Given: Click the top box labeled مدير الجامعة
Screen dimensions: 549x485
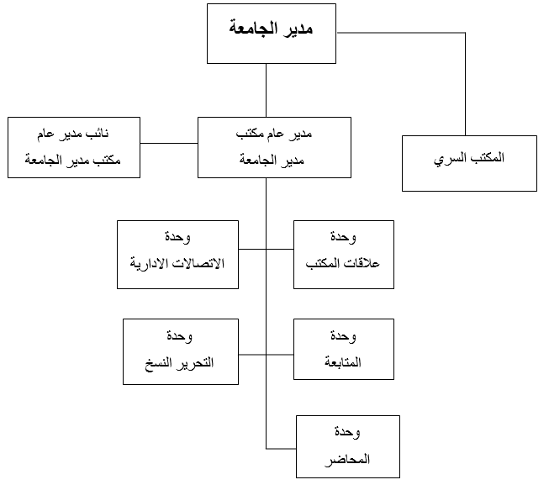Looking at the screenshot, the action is point(272,34).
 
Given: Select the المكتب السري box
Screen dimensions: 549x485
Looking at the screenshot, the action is point(469,163).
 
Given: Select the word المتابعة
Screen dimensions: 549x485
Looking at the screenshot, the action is point(343,361).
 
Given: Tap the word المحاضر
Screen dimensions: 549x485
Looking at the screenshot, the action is point(347,459).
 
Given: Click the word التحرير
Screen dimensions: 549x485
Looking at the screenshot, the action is point(196,362).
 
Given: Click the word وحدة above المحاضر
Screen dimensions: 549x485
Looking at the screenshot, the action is point(347,432).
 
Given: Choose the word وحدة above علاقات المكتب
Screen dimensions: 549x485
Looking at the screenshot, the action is point(343,237).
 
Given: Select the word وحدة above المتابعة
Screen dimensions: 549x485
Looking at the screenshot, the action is point(343,336).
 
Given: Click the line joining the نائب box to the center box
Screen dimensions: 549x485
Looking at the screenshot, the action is point(169,143).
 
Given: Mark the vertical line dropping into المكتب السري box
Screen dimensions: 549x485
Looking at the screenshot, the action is point(465,84).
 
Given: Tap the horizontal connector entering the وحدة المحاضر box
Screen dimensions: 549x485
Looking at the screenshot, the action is point(281,449).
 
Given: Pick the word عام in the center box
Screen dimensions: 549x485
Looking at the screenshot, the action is point(276,134).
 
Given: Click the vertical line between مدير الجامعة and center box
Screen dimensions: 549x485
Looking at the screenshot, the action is point(267,90).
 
